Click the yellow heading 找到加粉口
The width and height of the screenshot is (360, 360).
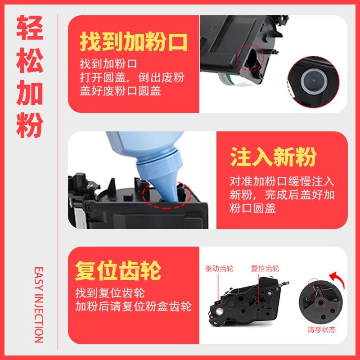click(x=134, y=42)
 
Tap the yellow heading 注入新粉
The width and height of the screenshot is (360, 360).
click(x=273, y=157)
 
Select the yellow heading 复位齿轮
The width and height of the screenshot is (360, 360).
click(x=118, y=270)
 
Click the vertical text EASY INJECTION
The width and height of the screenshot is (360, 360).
click(x=39, y=305)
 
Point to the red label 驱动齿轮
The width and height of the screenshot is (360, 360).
click(x=219, y=268)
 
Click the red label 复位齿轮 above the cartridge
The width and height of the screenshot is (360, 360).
click(x=265, y=268)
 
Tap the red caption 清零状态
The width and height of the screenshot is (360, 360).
click(x=321, y=330)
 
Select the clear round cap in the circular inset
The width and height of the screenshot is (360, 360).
click(x=314, y=81)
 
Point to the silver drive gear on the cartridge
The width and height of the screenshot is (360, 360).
click(x=219, y=311)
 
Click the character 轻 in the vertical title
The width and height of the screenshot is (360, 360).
click(x=30, y=28)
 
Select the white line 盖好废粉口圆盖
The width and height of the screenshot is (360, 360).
click(x=120, y=91)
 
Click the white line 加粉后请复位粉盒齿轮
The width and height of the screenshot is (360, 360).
click(x=133, y=306)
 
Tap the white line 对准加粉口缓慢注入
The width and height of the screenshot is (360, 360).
click(x=282, y=181)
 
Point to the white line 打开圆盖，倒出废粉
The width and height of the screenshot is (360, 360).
click(x=132, y=77)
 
